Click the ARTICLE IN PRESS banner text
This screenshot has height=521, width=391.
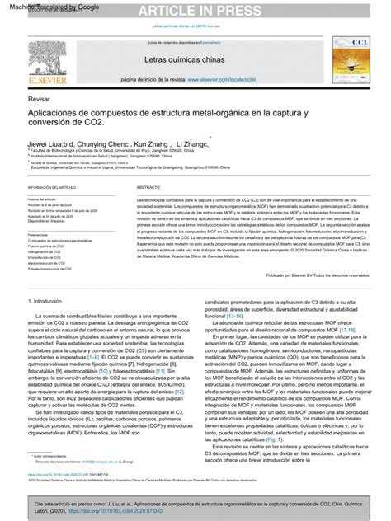tap(195, 10)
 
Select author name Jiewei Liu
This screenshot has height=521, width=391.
tap(48, 145)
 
